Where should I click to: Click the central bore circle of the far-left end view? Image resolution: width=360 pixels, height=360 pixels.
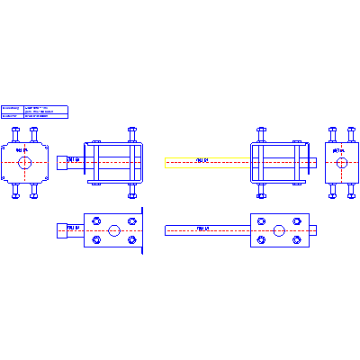tap(24, 163)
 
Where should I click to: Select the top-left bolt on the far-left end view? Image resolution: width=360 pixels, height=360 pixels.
tap(15, 132)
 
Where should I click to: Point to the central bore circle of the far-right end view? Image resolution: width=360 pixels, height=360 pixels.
tap(340, 163)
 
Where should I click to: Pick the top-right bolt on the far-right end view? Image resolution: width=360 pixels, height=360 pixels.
tap(350, 132)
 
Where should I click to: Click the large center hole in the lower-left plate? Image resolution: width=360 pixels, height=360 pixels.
tap(113, 230)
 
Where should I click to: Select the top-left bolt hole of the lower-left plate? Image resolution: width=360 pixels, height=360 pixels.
tap(94, 220)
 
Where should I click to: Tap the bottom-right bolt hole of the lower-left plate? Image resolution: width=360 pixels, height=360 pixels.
tap(132, 240)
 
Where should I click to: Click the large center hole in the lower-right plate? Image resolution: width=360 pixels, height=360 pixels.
tap(279, 230)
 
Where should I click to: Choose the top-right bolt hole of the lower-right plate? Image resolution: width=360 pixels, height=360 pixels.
tap(298, 220)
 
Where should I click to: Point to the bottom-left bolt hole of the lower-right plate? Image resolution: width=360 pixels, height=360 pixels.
tap(260, 240)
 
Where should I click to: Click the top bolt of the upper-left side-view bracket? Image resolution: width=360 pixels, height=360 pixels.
tap(132, 132)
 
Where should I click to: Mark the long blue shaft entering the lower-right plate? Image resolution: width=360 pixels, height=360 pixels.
tap(207, 230)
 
